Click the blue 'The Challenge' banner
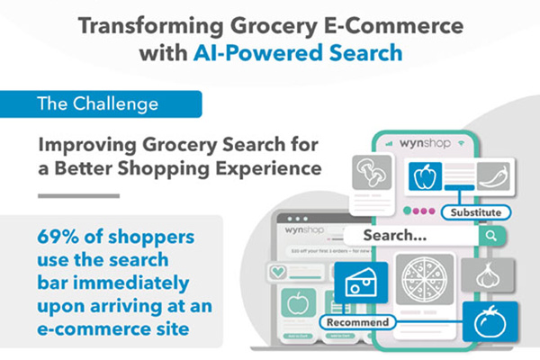coord(99,103)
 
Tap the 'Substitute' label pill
coord(477,213)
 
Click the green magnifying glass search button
coord(491,237)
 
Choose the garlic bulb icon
coord(490,275)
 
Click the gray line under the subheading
coord(77,195)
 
